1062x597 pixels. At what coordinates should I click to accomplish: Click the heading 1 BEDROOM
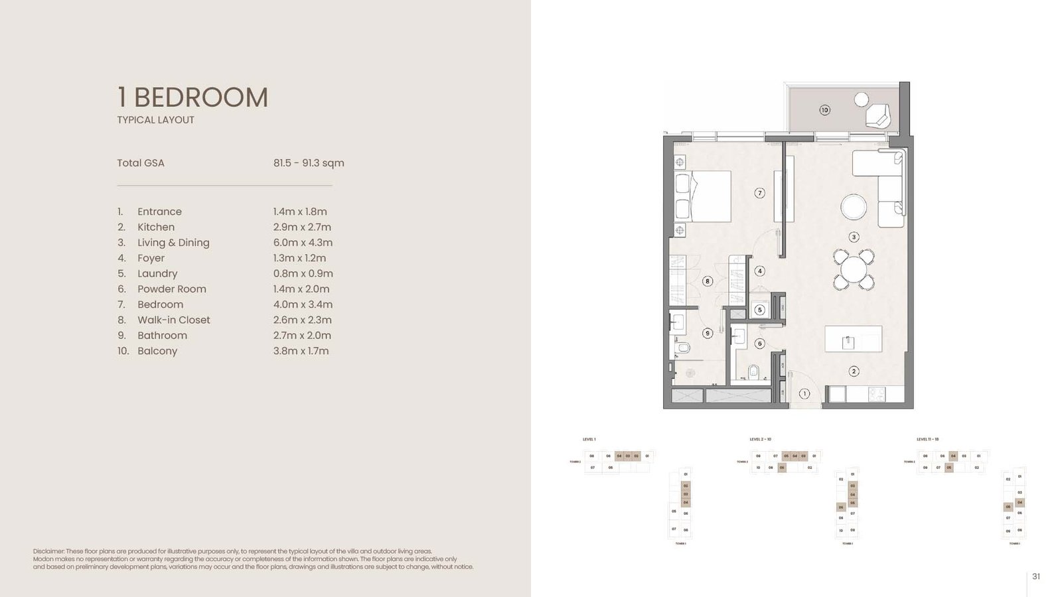pos(192,98)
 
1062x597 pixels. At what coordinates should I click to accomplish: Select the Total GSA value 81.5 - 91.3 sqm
pos(309,163)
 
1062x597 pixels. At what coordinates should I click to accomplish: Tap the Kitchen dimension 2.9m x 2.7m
pos(302,227)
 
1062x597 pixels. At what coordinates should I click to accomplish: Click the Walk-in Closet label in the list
pos(173,320)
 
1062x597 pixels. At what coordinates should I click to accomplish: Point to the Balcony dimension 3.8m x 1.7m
pos(301,351)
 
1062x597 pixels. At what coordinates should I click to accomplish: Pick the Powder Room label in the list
pos(171,289)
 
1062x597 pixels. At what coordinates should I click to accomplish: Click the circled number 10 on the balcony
pos(824,110)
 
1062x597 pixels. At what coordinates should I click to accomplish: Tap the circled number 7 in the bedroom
pos(760,193)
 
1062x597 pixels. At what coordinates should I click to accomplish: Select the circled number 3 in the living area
pos(854,237)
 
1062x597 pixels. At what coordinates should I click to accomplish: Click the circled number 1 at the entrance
pos(804,394)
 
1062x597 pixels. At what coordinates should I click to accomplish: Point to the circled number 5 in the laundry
pos(760,310)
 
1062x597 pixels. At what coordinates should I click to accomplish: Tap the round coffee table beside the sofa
pos(854,207)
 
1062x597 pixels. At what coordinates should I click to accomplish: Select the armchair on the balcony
pos(877,116)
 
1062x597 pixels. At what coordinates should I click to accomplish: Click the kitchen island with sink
pos(854,339)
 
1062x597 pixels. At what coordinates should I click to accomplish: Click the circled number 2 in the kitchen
pos(854,371)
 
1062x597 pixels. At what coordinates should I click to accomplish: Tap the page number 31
pos(1036,576)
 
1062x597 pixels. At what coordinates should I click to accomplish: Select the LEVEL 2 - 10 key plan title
pos(761,439)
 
